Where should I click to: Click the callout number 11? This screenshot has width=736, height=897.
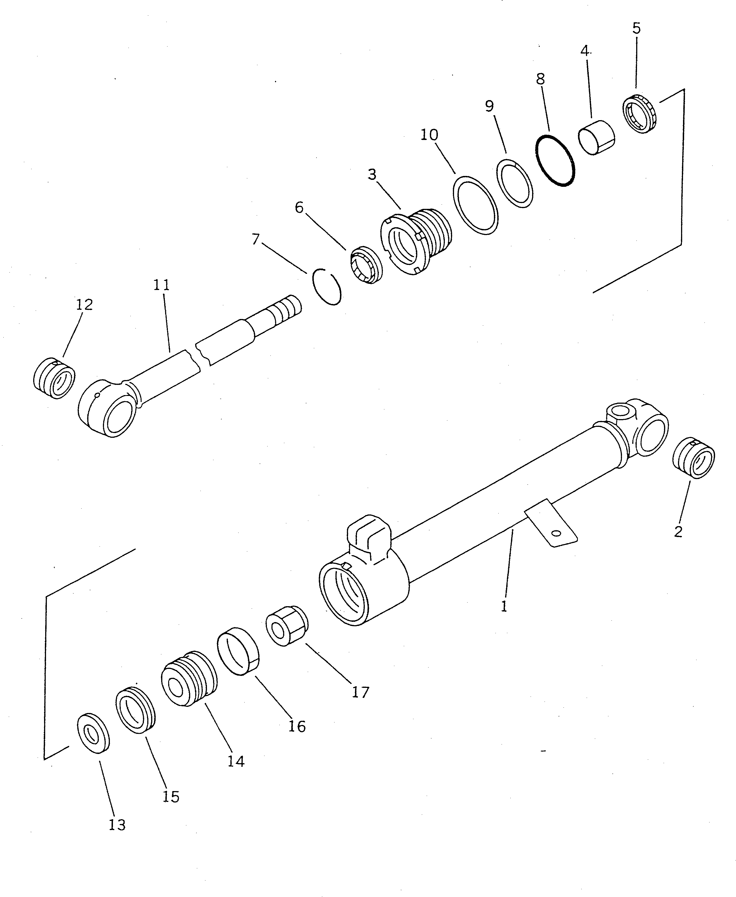[161, 285]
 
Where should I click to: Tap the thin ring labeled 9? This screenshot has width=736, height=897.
[515, 183]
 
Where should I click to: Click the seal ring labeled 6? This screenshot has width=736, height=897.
[366, 265]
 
